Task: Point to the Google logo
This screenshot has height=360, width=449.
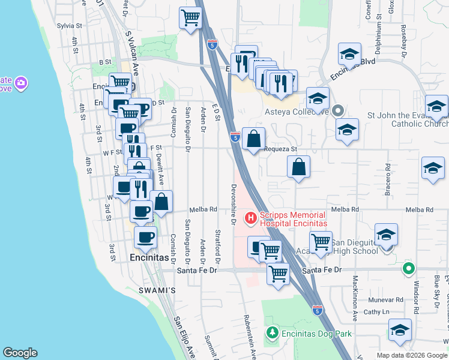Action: click(x=20, y=353)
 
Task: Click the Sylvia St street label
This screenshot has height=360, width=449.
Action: click(x=69, y=26)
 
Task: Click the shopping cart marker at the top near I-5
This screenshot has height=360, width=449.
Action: click(x=190, y=19)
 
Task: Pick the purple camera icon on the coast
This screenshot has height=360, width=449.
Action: click(x=22, y=83)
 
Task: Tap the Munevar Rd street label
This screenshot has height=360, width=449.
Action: click(x=386, y=299)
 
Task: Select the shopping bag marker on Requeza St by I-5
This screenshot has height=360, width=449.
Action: click(x=254, y=139)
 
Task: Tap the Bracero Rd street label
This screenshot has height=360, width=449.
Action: click(x=388, y=180)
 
